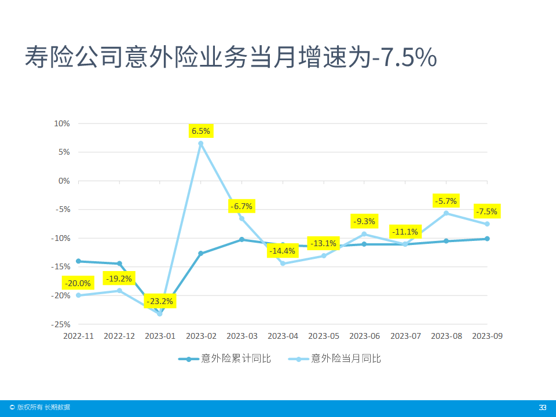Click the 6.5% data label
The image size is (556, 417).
(x=201, y=131)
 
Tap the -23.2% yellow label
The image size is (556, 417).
(x=159, y=301)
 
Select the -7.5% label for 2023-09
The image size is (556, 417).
(x=487, y=211)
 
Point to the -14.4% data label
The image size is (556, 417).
(x=282, y=251)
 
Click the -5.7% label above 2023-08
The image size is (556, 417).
(x=445, y=201)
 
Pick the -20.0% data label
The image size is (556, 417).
(x=78, y=283)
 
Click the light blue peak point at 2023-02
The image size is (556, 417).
(x=201, y=144)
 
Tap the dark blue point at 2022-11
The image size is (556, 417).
(x=78, y=261)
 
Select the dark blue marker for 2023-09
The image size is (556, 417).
(x=487, y=239)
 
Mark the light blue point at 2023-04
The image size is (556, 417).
(x=283, y=264)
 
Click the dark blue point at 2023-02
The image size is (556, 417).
(x=201, y=254)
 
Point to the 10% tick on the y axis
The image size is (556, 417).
(x=61, y=123)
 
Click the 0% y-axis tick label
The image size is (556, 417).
(x=64, y=181)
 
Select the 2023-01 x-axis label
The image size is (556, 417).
(x=160, y=336)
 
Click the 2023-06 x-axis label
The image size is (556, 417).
(x=364, y=336)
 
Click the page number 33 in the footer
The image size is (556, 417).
(x=543, y=408)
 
